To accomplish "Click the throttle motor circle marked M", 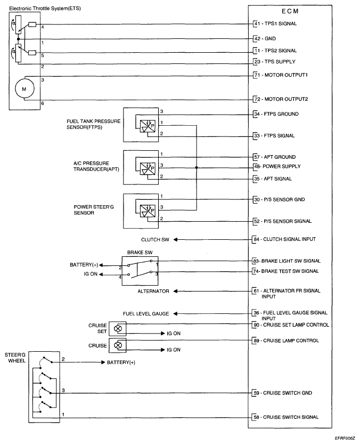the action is click(x=24, y=89).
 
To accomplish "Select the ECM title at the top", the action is click(x=290, y=11).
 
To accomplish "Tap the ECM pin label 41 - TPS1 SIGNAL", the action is click(x=275, y=23).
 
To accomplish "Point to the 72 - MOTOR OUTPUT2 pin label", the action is click(x=281, y=99).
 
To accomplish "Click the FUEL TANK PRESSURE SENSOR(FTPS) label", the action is click(x=93, y=124).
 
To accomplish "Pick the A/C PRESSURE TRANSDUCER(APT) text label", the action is click(x=96, y=166).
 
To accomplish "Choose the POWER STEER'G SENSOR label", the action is click(x=94, y=210).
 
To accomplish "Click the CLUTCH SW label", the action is click(x=155, y=240).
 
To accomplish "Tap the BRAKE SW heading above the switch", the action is click(x=140, y=253).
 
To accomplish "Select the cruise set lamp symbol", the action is click(x=118, y=329).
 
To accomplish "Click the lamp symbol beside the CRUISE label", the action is click(x=118, y=345).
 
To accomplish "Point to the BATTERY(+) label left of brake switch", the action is click(x=84, y=265).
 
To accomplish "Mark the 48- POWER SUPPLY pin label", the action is click(x=277, y=166).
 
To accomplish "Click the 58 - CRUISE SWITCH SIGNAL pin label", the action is click(x=286, y=417).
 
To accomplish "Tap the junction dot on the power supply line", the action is click(x=197, y=168).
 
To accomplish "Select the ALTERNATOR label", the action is click(x=153, y=292).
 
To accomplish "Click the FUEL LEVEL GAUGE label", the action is click(x=146, y=314).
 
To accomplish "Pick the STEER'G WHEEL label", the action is click(x=15, y=358).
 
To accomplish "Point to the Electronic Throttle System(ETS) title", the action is click(x=45, y=9).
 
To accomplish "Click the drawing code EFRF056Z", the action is click(x=345, y=439).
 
